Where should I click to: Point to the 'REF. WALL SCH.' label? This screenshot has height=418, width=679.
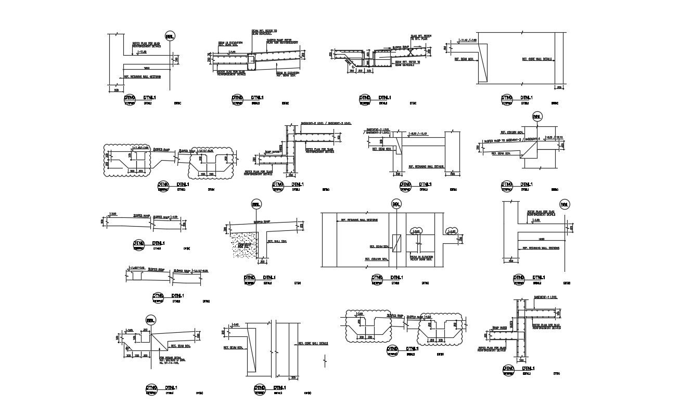(277, 241)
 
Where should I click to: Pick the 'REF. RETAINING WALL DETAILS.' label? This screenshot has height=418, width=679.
(426, 167)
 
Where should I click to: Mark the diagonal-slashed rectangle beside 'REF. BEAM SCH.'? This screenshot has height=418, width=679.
(398, 243)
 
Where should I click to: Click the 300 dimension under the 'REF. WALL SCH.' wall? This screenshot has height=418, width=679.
(262, 262)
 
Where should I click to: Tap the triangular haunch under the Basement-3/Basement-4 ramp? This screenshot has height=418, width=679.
(531, 151)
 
